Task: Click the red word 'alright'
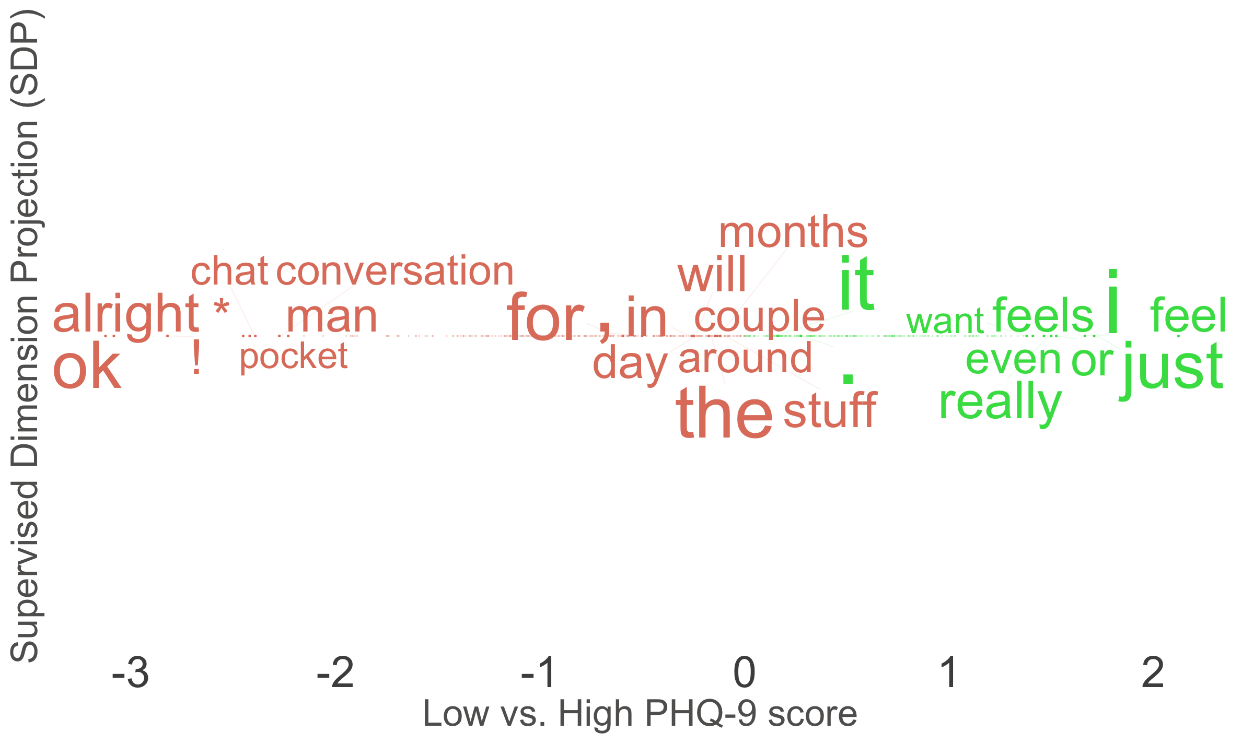[x=126, y=314]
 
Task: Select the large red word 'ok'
[x=87, y=368]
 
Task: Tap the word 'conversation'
[x=395, y=271]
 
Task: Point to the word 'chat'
[x=229, y=271]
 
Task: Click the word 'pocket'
[x=294, y=357]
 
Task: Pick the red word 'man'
[x=332, y=317]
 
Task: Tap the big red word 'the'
[x=724, y=412]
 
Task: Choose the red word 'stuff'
[x=830, y=410]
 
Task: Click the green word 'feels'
[x=1043, y=315]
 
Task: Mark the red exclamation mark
[x=196, y=357]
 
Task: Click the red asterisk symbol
[x=222, y=306]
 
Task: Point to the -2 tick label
[x=335, y=672]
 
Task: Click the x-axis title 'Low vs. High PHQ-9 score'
[x=640, y=714]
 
